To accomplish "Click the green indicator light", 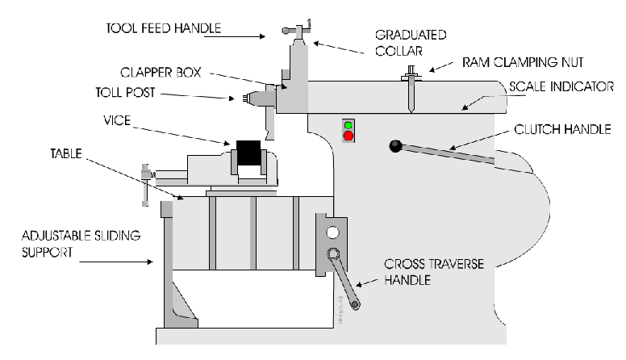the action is [348, 125].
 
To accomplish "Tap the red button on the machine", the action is [348, 136].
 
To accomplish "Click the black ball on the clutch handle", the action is [395, 146].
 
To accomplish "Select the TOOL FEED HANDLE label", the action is [163, 28].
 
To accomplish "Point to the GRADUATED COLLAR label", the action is [411, 43].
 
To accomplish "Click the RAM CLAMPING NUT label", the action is [523, 62].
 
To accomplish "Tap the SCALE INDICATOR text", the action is [561, 86].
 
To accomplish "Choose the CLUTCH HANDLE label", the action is [562, 129].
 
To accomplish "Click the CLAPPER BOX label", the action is [161, 73].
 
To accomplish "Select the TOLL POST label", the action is [125, 93].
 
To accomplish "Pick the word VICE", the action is [117, 120].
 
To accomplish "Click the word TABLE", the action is [66, 153].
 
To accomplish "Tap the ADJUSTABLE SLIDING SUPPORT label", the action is [81, 244].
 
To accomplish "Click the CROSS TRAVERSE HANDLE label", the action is [434, 272].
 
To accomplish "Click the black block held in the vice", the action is [248, 153].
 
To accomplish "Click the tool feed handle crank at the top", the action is [298, 29].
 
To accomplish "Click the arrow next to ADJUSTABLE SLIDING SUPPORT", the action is [116, 262].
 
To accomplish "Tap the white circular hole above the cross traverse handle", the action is [332, 232].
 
